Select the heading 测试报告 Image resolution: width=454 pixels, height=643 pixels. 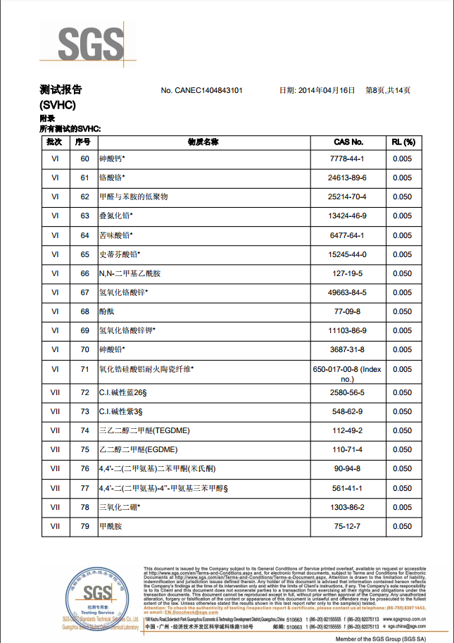[61, 89]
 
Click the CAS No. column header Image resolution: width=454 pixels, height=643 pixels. [348, 142]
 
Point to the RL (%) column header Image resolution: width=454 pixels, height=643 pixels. [402, 142]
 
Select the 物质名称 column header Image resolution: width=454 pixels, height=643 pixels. [203, 142]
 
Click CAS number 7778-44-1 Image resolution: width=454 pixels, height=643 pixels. [348, 158]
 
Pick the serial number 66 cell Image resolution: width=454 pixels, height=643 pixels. [84, 273]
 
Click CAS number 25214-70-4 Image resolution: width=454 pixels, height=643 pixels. [348, 196]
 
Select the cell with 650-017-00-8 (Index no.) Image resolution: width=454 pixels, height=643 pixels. [348, 373]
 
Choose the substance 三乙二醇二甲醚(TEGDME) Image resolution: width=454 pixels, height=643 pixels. [145, 430]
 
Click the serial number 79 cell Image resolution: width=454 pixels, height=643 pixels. [84, 526]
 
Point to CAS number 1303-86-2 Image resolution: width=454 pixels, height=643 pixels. [348, 507]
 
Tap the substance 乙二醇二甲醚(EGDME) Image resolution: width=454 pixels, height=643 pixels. [140, 449]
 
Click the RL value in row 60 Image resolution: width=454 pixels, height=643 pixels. [402, 158]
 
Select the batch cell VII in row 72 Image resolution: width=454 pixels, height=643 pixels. [55, 392]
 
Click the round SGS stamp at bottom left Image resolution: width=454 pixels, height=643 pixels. [94, 594]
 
